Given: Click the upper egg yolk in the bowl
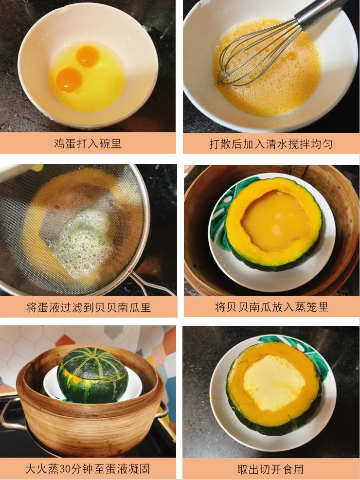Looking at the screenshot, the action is point(88,56).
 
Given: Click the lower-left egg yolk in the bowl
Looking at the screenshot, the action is point(69,80).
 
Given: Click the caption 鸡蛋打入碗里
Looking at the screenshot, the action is point(88,143).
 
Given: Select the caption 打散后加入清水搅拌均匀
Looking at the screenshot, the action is point(271,143).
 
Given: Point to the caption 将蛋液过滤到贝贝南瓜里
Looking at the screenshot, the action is point(89,307).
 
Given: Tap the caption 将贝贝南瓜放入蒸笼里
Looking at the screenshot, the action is point(271,307).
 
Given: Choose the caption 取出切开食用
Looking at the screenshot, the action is point(270,469).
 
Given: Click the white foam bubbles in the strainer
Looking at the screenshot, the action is point(83,242).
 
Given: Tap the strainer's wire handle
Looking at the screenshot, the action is point(150,283).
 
